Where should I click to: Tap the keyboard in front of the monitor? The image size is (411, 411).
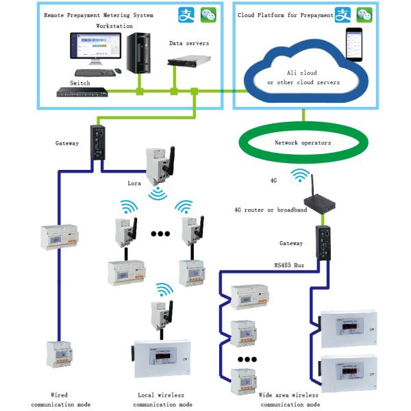[95, 73]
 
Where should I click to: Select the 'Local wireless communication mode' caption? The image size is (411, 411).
[162, 400]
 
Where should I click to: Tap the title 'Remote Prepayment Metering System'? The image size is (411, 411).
[99, 15]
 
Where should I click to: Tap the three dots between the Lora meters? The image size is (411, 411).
[160, 234]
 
